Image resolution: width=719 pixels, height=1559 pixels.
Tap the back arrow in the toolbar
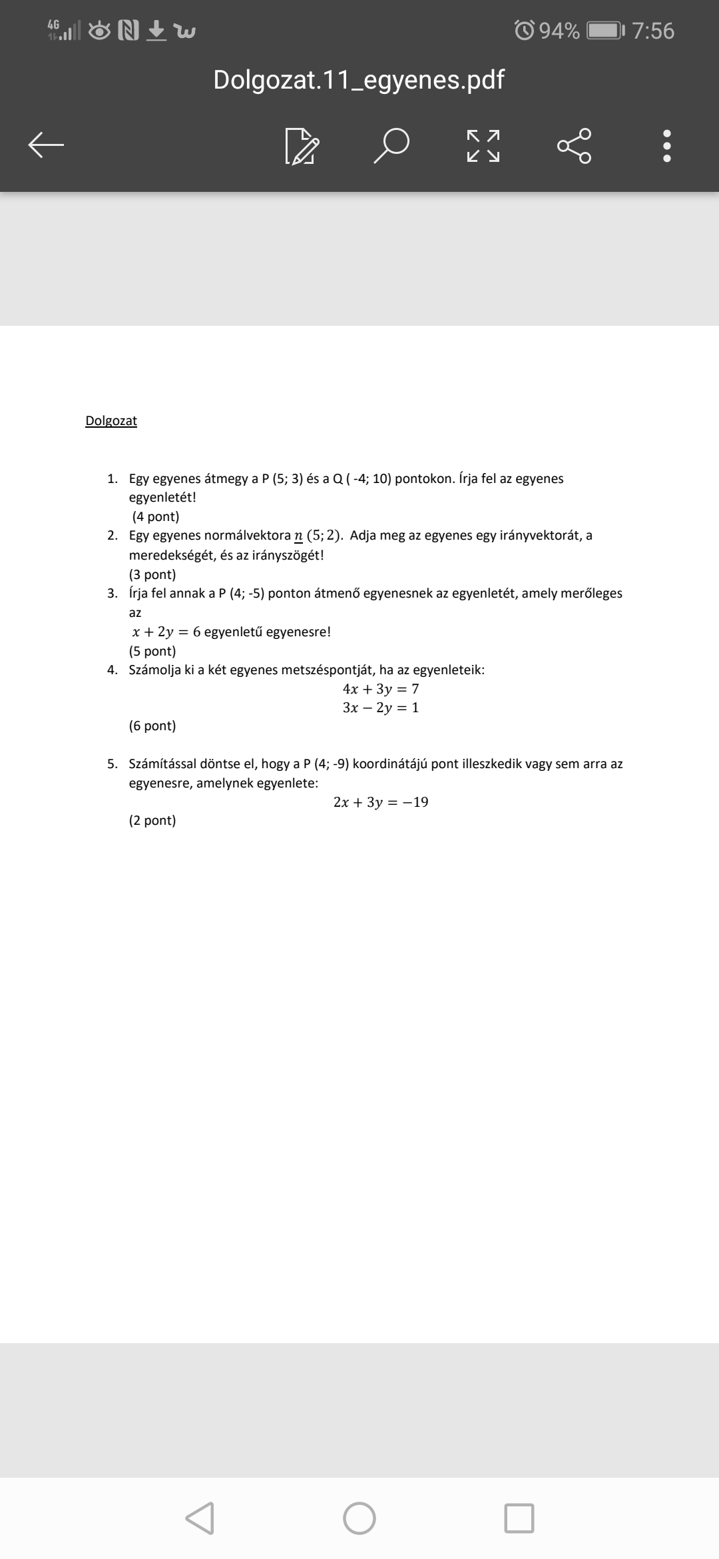click(x=46, y=145)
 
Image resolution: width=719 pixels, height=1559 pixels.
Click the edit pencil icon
click(x=302, y=146)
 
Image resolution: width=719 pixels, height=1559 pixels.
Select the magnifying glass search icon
click(x=391, y=145)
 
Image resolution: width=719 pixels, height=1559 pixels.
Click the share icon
click(x=574, y=145)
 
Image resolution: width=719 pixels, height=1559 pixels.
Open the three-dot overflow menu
click(x=667, y=145)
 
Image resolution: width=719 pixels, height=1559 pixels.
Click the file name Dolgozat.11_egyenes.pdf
click(x=359, y=80)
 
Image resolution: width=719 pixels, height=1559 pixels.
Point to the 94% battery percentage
click(x=559, y=31)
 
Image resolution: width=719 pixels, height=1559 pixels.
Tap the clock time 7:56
click(x=653, y=31)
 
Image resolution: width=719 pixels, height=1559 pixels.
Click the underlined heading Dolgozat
click(x=111, y=420)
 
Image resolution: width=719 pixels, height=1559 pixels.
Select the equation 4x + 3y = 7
click(x=381, y=688)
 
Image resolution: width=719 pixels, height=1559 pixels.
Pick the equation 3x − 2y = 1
click(x=381, y=707)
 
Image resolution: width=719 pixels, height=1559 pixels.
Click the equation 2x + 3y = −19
click(x=381, y=801)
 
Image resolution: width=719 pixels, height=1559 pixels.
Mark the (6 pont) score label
click(x=152, y=726)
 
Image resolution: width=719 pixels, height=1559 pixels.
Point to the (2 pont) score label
click(x=152, y=820)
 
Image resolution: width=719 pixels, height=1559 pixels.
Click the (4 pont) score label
click(x=155, y=516)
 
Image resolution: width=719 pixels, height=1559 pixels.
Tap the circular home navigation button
click(x=359, y=1518)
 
